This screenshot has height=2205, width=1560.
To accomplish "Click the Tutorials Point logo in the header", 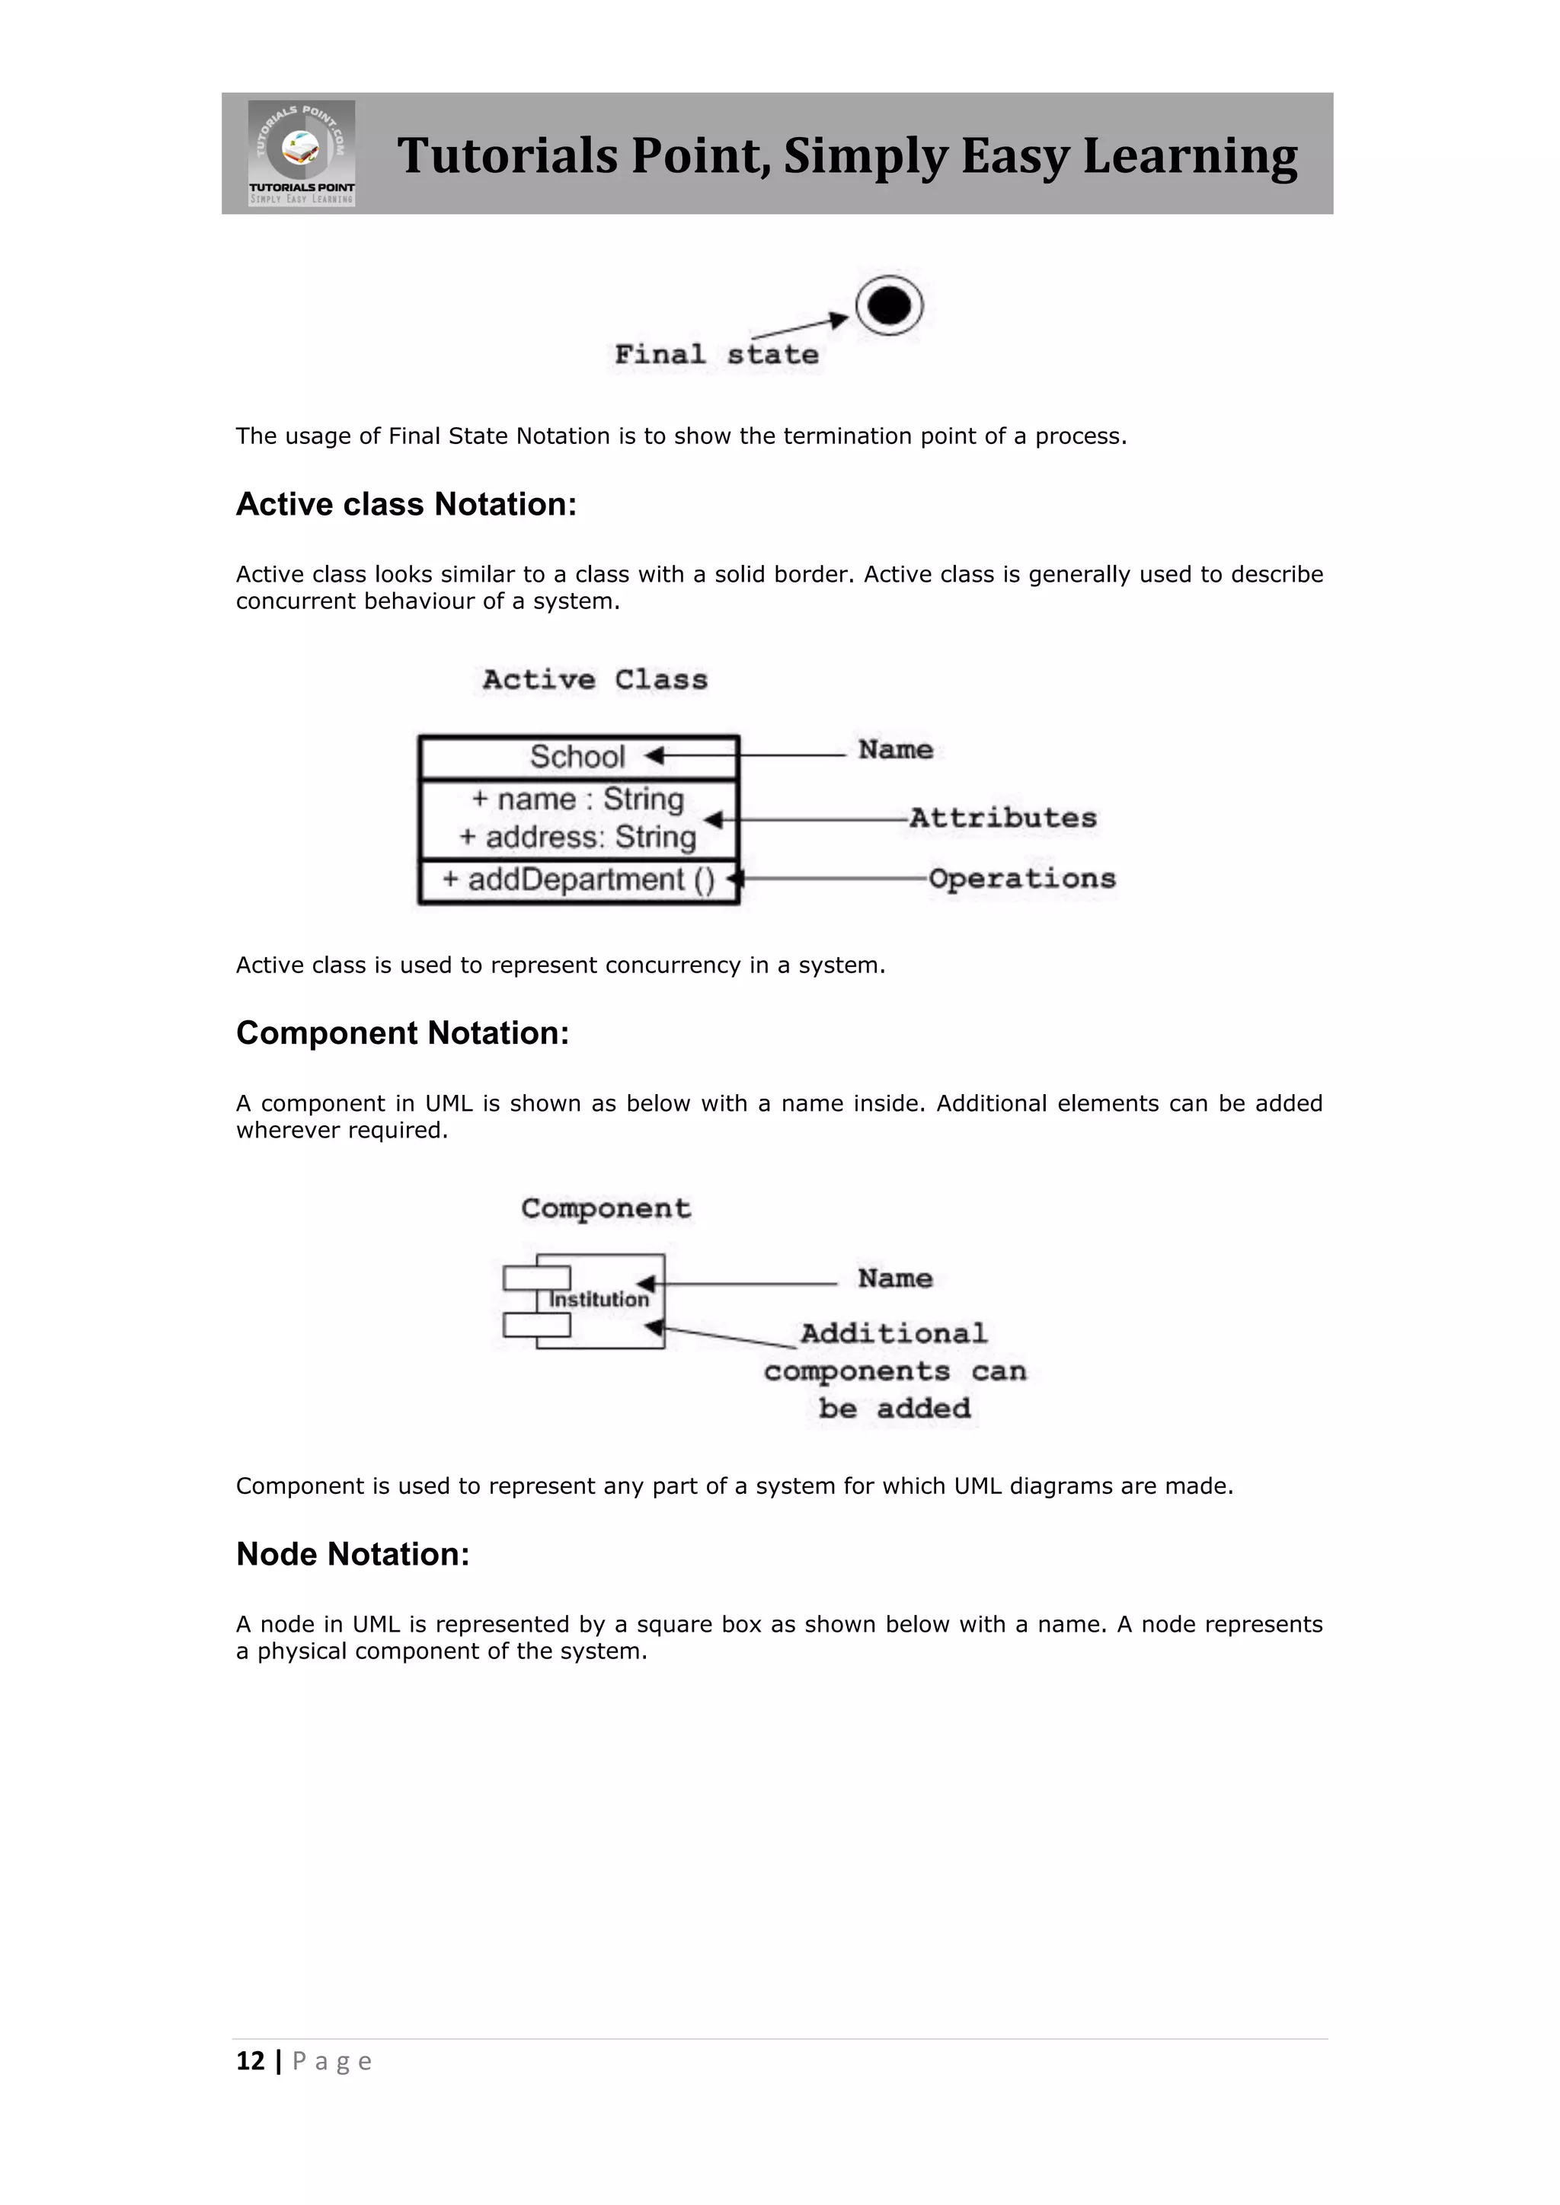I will [302, 153].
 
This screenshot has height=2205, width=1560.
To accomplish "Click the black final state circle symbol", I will [889, 305].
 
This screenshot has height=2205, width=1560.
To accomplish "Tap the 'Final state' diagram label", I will [716, 354].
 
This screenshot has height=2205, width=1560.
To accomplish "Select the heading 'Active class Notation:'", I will [406, 504].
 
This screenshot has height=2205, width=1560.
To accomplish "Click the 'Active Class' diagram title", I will [595, 680].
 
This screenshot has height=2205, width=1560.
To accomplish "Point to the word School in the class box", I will [577, 757].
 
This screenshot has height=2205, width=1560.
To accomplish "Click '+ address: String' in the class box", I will [577, 838].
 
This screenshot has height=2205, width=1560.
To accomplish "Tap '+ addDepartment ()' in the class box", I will [577, 879].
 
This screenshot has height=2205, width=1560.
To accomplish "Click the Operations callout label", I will [1022, 879].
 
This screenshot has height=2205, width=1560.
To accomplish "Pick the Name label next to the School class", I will [895, 749].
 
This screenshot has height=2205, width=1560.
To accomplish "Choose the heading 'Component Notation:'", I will [402, 1033].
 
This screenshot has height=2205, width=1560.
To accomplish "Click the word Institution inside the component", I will [599, 1300].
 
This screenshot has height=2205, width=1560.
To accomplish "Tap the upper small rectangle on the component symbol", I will [536, 1278].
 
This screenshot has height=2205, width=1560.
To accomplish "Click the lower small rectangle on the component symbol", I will [536, 1326].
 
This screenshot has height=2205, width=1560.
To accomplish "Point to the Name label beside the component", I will [895, 1278].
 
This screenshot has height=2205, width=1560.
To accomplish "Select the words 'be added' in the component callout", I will [894, 1409].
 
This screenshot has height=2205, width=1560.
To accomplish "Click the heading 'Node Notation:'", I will [353, 1554].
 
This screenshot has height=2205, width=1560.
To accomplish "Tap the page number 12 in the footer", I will [250, 2061].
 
